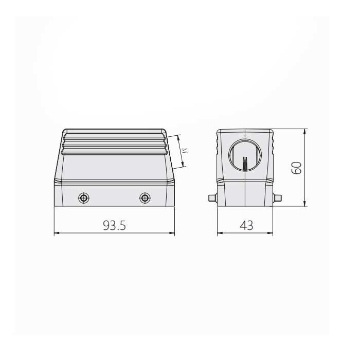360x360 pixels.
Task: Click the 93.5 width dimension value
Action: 114,225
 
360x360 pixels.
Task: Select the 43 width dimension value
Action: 246,225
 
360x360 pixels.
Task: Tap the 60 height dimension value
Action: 296,168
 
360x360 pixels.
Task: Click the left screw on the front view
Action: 84,198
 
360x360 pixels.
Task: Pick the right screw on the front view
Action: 145,198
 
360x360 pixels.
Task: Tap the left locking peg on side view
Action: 212,198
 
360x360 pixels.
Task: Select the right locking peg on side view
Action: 277,198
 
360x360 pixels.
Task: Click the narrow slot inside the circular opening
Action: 245,164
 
